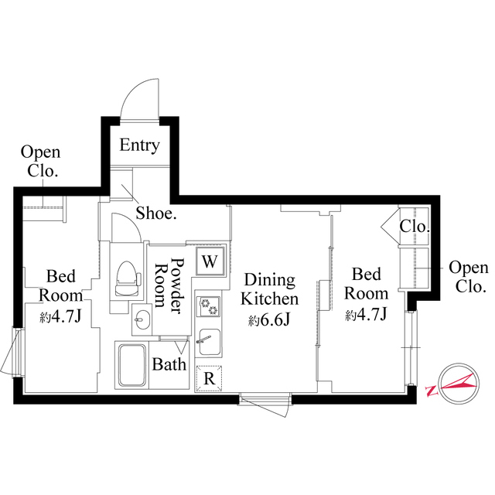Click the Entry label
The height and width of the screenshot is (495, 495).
pos(139,145)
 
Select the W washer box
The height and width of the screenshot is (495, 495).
pos(209,261)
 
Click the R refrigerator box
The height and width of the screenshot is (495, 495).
pos(209,378)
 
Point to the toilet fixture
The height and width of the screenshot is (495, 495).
pos(126,277)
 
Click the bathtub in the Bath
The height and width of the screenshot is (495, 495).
pos(131,365)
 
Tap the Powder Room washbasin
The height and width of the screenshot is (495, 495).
pos(142,317)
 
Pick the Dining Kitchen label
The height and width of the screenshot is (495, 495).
pos(268,289)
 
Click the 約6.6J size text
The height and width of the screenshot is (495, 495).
pos(268,319)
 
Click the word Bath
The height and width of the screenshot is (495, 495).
pos(168,364)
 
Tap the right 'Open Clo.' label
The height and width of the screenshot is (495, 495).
pos(469,277)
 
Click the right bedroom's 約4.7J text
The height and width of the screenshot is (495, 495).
pos(366,314)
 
